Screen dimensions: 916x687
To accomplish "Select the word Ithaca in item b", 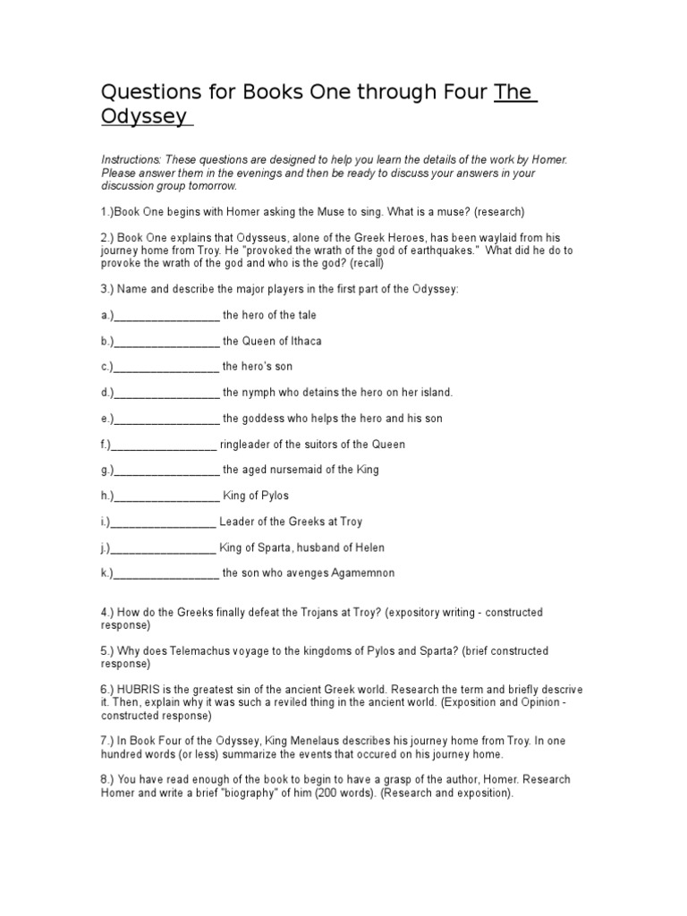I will tap(304, 341).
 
